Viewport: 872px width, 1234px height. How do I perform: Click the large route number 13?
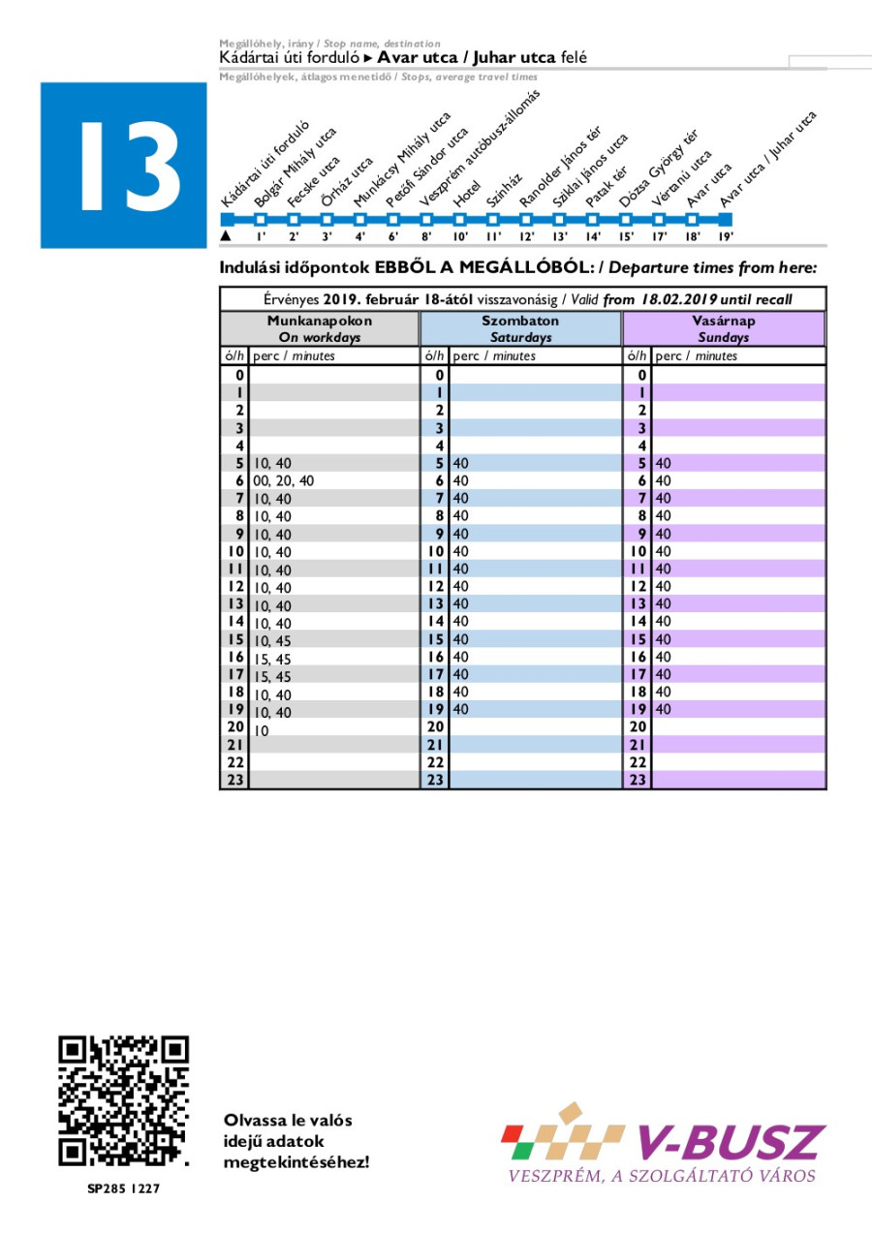point(124,166)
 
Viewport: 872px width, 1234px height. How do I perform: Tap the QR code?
point(123,1101)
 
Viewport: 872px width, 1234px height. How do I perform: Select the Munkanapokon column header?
point(320,328)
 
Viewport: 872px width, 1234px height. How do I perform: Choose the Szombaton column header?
point(520,328)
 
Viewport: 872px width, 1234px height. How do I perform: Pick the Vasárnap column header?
point(724,328)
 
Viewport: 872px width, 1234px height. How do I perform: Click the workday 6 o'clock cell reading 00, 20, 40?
point(284,480)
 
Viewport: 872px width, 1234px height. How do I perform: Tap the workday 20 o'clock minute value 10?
point(262,730)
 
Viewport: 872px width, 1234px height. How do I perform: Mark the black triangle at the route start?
point(226,235)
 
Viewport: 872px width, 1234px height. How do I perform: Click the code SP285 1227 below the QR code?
point(123,1188)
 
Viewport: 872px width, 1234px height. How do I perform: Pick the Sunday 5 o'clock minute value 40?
point(664,463)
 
